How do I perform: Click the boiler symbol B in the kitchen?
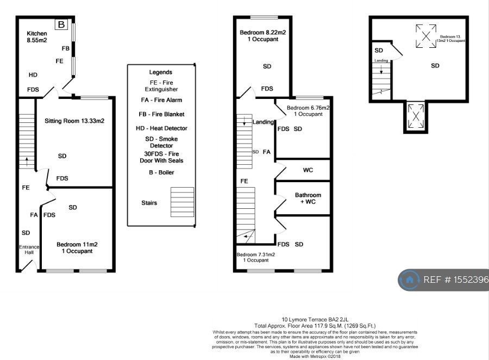(61, 24)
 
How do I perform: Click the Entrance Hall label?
(29, 250)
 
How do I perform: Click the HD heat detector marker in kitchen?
(33, 75)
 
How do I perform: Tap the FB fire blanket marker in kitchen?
(66, 48)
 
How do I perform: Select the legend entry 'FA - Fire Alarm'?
(161, 100)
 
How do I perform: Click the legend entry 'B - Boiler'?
(160, 172)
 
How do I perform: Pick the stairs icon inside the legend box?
(182, 202)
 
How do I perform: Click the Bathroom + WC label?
(308, 198)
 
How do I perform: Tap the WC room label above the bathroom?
(308, 170)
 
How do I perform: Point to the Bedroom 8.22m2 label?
(262, 36)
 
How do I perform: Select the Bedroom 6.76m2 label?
(308, 111)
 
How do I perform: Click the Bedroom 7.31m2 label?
(255, 257)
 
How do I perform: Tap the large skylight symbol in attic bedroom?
(427, 36)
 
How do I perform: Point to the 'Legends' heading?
(160, 72)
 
